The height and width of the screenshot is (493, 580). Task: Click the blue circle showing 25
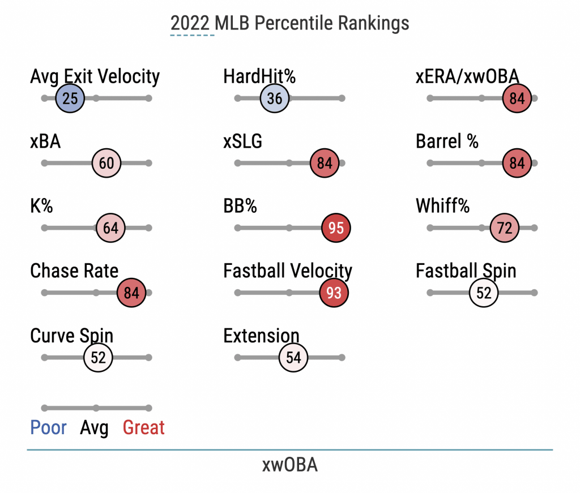point(70,98)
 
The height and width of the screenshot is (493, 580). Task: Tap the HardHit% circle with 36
point(275,98)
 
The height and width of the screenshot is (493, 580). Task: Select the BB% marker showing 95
point(336,228)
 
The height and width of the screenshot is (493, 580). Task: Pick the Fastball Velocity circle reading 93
point(334,293)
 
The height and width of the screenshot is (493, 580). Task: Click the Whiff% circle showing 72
point(505,228)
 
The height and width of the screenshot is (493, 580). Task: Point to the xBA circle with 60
point(106,164)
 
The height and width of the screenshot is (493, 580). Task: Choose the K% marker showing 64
point(110,228)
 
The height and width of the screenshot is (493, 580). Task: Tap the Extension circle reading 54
point(293,358)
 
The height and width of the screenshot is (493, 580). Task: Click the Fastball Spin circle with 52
point(484,293)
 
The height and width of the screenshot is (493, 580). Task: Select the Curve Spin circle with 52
point(99,358)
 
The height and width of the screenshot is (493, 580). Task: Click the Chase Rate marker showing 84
point(131,293)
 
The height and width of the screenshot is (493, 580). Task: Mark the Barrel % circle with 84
point(517,164)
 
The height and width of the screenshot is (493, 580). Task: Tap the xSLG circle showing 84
point(325,164)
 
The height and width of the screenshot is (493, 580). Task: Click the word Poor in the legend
point(48,428)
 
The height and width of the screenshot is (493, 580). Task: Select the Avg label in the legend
point(94,428)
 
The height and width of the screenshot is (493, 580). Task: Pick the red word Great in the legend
point(144,428)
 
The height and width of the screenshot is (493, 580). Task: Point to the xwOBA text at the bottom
point(289,465)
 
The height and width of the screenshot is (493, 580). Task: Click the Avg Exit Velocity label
point(95,76)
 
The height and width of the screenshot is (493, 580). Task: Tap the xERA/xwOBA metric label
point(467,76)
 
